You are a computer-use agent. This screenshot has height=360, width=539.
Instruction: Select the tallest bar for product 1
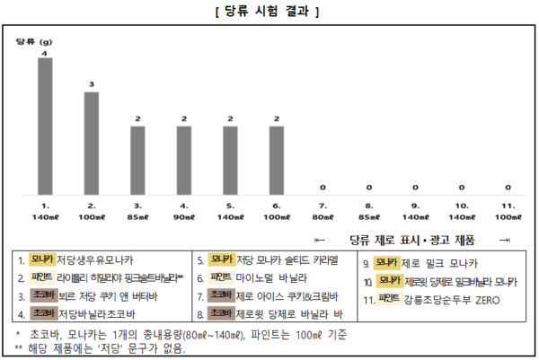click(44, 126)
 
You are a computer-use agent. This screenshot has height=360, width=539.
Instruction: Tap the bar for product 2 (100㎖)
click(91, 143)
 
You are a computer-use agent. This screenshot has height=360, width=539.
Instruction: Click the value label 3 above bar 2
click(91, 84)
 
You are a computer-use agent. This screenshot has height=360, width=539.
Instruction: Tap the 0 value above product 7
click(323, 188)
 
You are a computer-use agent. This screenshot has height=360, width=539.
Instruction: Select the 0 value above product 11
click(508, 188)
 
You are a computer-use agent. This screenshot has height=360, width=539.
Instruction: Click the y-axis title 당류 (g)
click(34, 42)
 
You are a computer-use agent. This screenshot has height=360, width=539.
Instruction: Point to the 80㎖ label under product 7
click(323, 216)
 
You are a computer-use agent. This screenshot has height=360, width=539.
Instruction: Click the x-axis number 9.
click(414, 205)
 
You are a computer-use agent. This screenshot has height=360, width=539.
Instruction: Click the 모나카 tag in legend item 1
click(42, 259)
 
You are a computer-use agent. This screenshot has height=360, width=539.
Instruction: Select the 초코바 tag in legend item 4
click(42, 313)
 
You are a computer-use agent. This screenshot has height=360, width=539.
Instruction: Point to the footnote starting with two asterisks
click(99, 347)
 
